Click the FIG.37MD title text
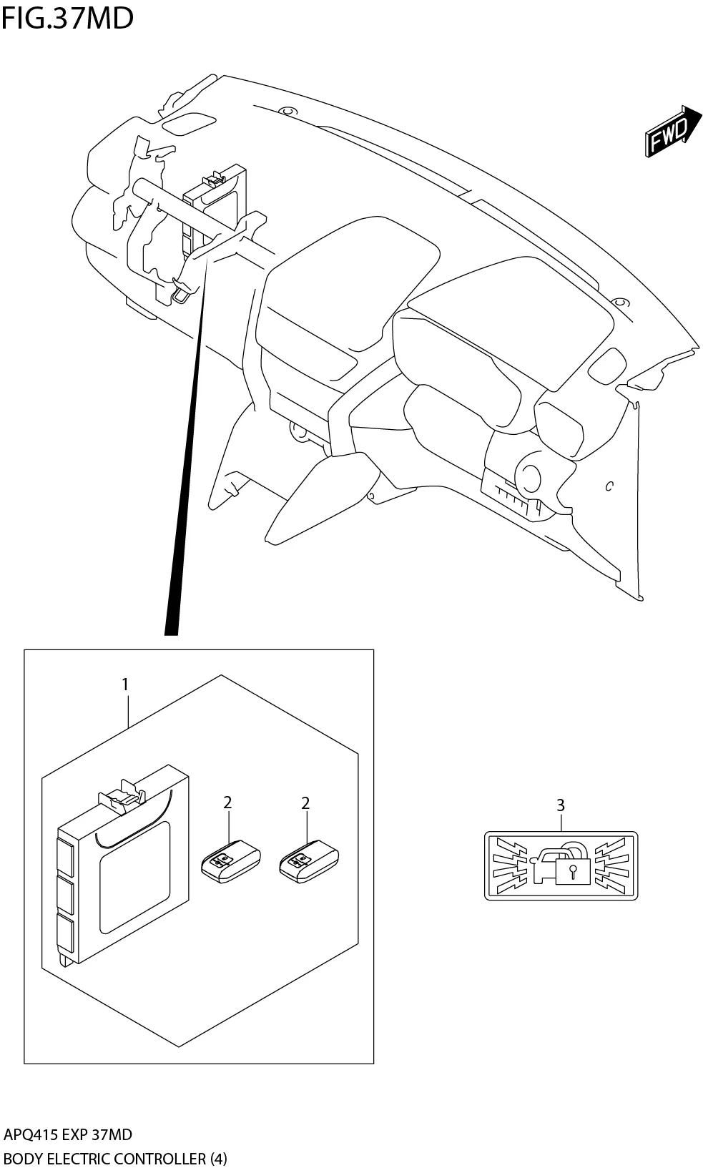(67, 18)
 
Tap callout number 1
(125, 684)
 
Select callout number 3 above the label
(561, 805)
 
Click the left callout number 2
(227, 803)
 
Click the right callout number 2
(305, 803)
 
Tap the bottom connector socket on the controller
(66, 933)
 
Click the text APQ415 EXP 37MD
(68, 1134)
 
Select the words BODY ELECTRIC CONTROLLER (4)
(114, 1158)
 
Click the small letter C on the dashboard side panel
(609, 487)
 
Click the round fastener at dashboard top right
(621, 302)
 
